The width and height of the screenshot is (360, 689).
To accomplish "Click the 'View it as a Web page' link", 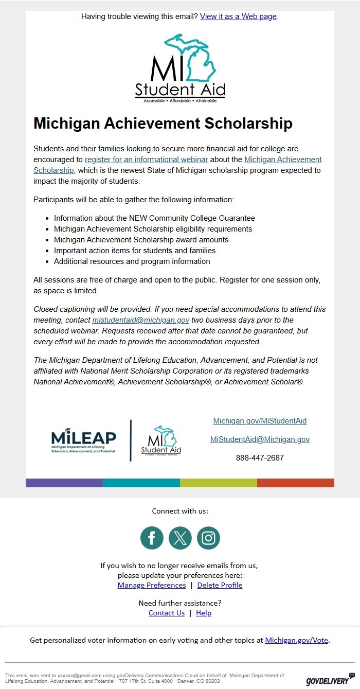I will click(238, 16).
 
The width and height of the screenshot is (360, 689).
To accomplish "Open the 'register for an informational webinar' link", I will click(146, 160).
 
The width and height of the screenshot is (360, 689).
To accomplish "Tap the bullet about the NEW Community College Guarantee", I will click(154, 218).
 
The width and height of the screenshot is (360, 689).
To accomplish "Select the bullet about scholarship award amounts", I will click(141, 240).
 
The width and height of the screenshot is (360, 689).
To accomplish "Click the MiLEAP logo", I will click(84, 440).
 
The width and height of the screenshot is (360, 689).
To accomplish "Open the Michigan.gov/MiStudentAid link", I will click(260, 421).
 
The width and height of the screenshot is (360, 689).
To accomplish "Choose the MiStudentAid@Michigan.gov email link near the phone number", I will click(260, 439).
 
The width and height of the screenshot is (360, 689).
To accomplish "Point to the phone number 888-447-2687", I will click(260, 458).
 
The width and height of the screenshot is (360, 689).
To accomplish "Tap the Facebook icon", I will click(152, 538).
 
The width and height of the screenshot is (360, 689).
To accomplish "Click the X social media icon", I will click(180, 538).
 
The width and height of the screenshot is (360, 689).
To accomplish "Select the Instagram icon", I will click(208, 538).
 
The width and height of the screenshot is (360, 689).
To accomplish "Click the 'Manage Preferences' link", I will click(152, 585).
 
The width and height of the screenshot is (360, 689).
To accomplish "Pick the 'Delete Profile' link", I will click(220, 585).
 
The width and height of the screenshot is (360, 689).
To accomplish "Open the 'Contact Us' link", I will click(167, 613).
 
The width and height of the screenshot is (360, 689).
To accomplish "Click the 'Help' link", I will click(204, 613).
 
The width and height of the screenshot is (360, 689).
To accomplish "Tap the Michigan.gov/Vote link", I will click(296, 641).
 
